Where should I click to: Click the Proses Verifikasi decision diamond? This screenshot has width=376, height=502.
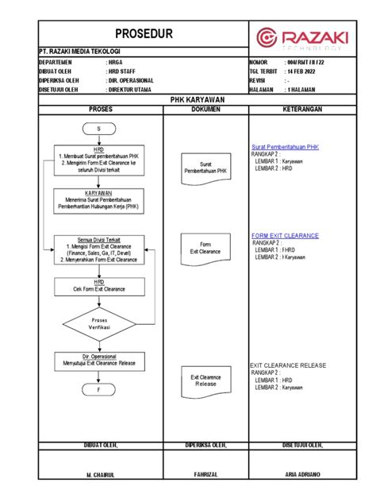[x=100, y=324]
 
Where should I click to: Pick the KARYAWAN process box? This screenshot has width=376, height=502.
[x=100, y=200]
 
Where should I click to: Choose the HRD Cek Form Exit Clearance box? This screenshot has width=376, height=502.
[x=100, y=286]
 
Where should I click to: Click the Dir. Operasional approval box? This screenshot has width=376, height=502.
[x=100, y=361]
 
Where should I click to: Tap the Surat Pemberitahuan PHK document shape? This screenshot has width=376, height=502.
[x=205, y=168]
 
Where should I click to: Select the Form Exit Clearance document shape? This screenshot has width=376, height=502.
[x=205, y=248]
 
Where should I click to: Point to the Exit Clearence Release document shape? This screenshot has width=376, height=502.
[x=205, y=380]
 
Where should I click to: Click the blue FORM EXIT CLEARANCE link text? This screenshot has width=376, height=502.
[x=285, y=236]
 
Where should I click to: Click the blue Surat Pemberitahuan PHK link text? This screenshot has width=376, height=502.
[x=285, y=147]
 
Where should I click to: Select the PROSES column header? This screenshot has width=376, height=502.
[x=100, y=109]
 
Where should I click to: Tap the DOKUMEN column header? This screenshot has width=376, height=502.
[x=205, y=109]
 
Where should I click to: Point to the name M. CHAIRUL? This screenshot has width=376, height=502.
[x=100, y=474]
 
